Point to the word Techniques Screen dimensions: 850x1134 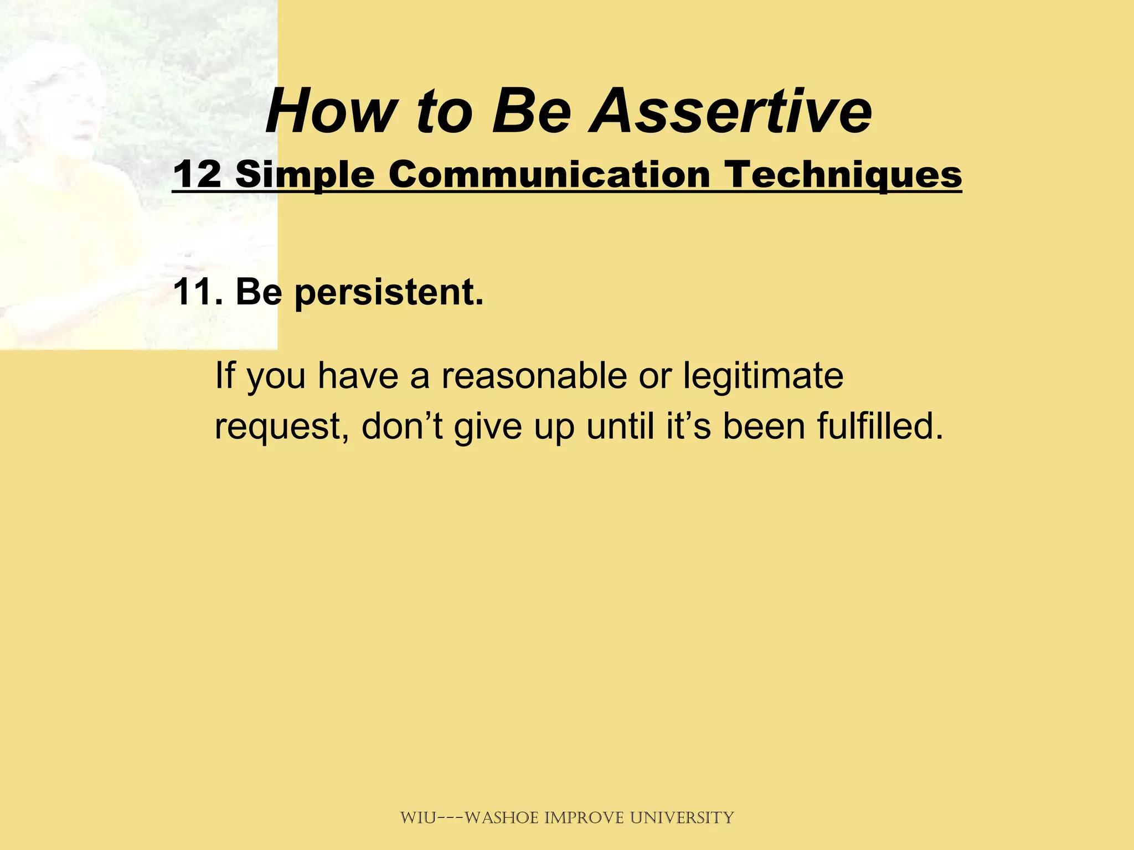[x=844, y=174]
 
